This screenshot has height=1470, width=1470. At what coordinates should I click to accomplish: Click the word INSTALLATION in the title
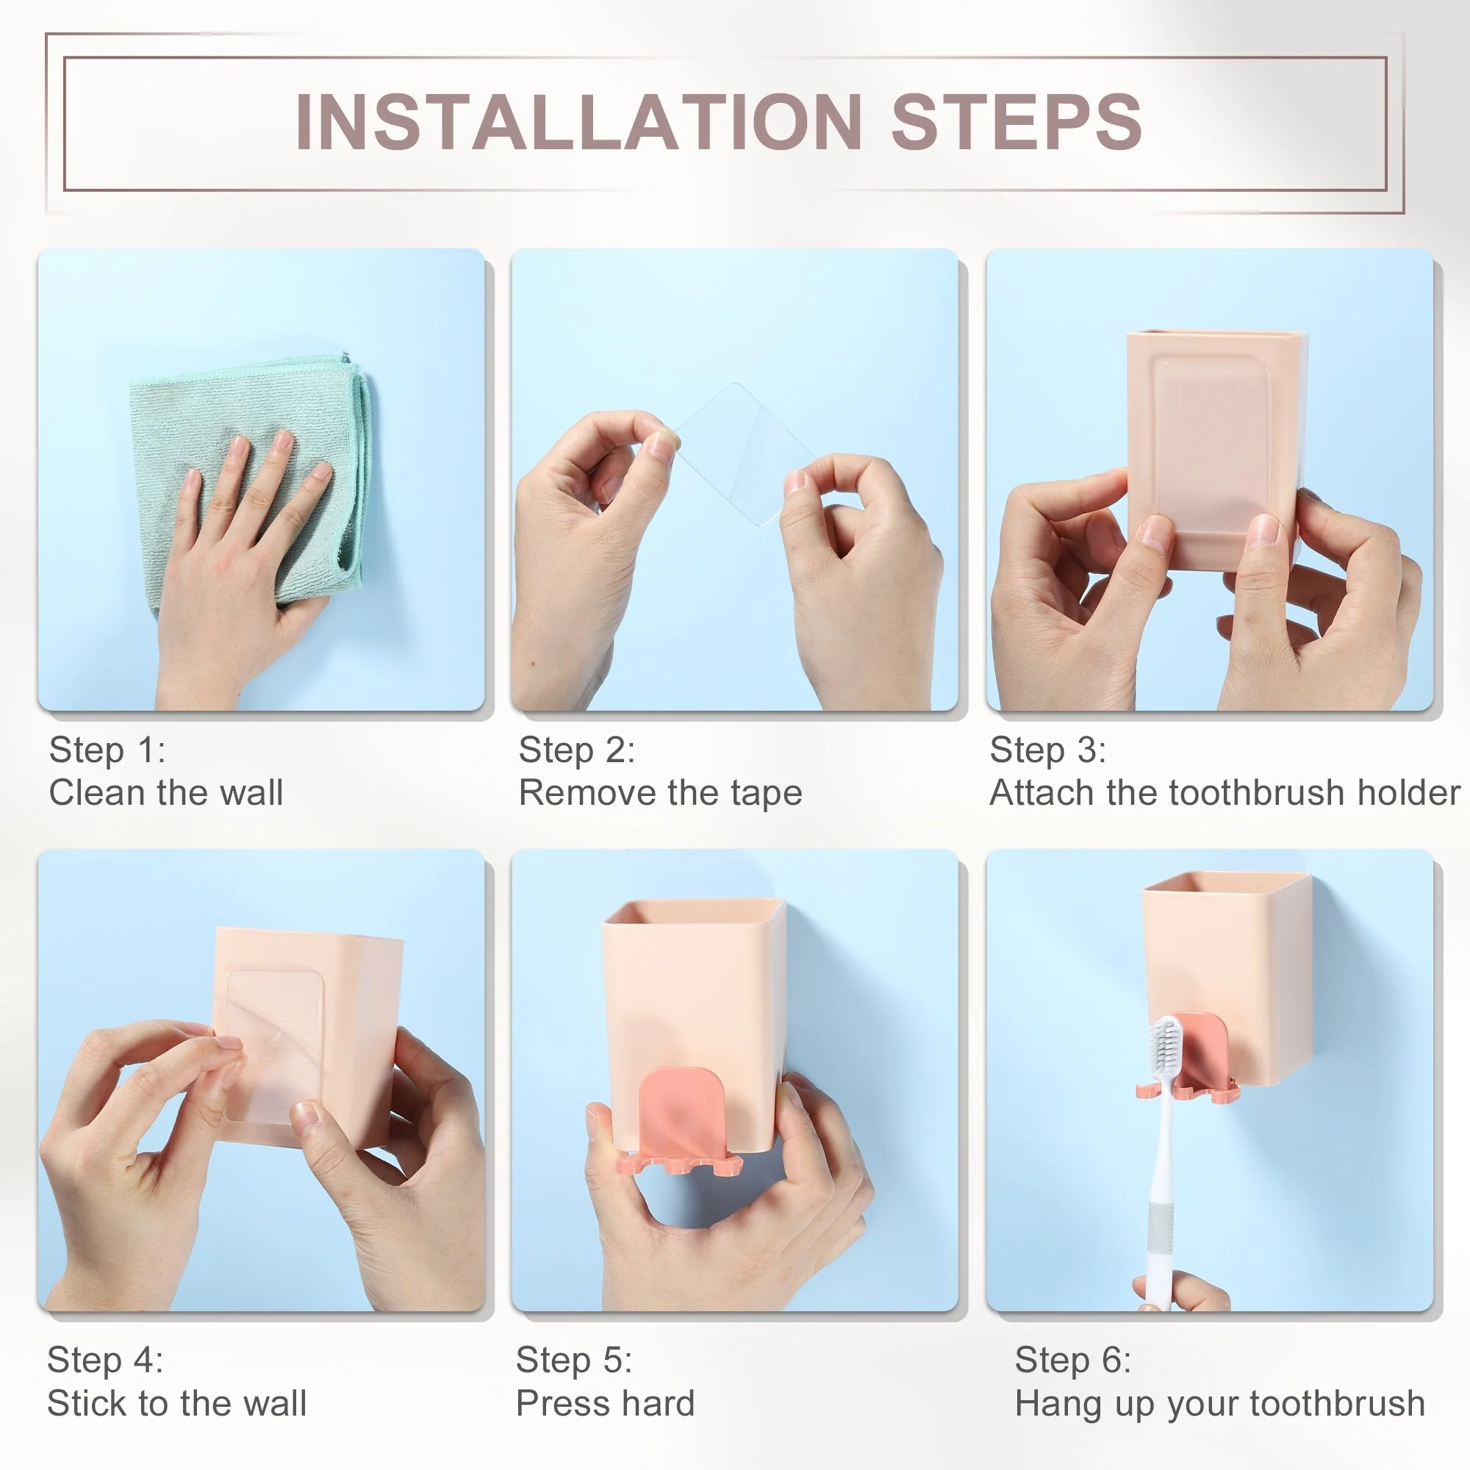pos(578,122)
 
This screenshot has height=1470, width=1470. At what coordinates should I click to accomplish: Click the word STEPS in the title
pos(1017,122)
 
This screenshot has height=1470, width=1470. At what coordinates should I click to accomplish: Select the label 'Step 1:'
pos(107,750)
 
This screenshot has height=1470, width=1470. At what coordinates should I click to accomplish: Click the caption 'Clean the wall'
pos(166,793)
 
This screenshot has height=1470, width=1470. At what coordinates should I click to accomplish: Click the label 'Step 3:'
pos(1047,750)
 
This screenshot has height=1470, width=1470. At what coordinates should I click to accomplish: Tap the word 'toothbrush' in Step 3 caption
pos(1258,793)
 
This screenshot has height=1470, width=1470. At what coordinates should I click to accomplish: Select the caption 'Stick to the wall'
pos(176,1403)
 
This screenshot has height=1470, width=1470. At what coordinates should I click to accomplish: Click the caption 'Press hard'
pos(606,1403)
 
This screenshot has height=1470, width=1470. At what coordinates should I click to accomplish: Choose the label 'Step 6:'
pos(1073,1360)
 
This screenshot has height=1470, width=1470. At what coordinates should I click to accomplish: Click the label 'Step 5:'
pos(574,1360)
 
